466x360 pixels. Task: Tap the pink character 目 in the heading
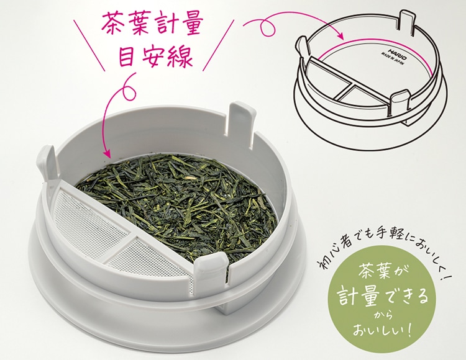pos(126,56)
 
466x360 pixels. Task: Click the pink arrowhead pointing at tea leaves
pos(106,153)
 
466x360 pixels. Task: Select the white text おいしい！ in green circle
pos(383,331)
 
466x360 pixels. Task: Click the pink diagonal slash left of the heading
pos(89,45)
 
